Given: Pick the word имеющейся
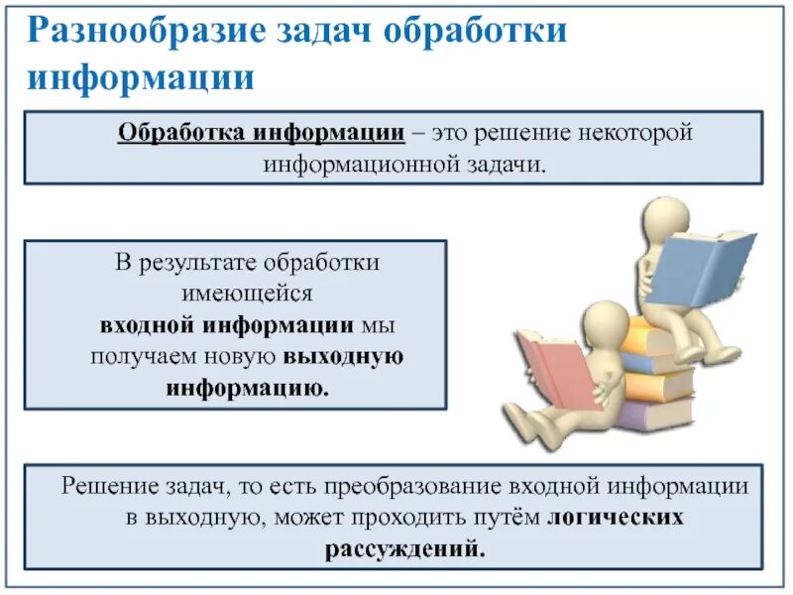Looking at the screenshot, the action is [x=235, y=294].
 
